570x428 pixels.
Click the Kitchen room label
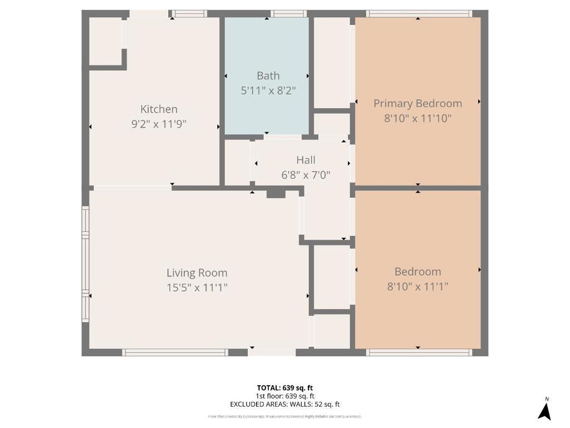pos(159,109)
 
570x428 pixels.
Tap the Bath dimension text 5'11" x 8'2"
pos(268,90)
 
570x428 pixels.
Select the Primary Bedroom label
pos(417,104)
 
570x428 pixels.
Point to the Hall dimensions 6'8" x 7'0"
pos(306,174)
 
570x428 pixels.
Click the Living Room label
pos(197,273)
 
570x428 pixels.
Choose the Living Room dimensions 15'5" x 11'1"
pos(197,288)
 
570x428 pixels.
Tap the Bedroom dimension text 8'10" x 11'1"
pos(417,286)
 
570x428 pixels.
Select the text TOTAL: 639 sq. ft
pos(285,388)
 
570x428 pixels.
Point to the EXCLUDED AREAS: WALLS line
pos(285,405)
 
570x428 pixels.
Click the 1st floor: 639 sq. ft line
pos(285,396)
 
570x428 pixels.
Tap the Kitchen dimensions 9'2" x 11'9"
pos(159,124)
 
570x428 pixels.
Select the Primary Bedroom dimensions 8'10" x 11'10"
pos(417,118)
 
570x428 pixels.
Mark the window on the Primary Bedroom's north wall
pos(419,13)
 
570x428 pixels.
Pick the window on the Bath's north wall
pos(288,13)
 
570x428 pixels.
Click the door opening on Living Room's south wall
pos(272,352)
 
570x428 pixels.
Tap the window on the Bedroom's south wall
pos(419,352)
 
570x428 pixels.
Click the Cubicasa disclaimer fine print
pos(285,416)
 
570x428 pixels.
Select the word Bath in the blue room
pos(268,76)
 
